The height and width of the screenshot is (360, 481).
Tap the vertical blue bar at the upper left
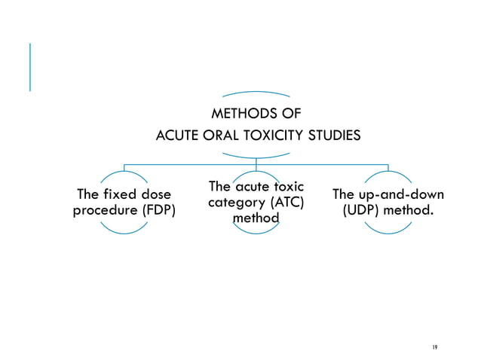point(30,67)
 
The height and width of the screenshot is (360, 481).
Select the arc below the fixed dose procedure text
point(124,230)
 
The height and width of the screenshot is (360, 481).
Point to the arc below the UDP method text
point(388,230)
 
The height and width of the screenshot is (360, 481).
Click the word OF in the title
point(292,114)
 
